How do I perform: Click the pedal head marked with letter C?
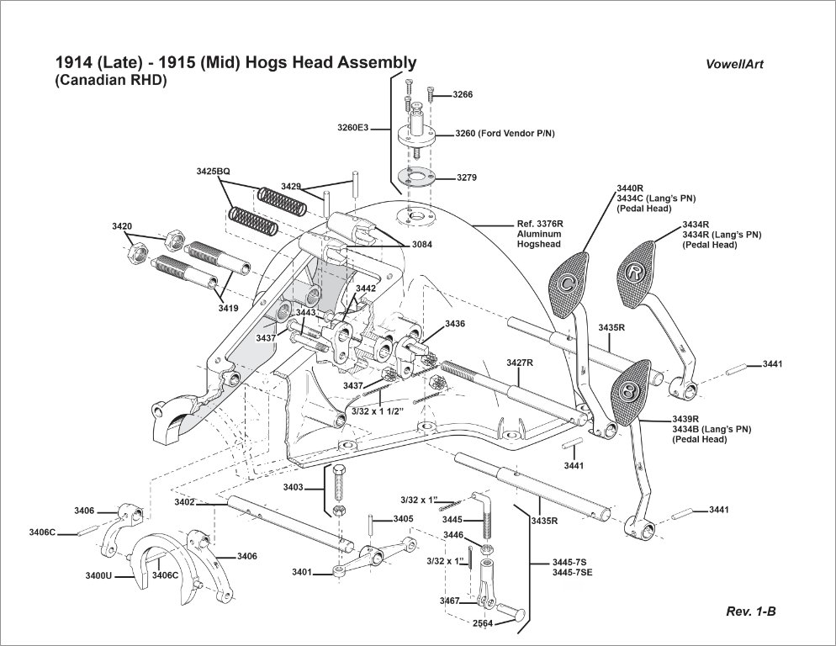(569, 282)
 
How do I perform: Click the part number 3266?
(463, 95)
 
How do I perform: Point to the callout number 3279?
(467, 178)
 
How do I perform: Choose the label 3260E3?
(353, 128)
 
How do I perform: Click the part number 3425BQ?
(213, 171)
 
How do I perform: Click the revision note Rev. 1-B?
(750, 612)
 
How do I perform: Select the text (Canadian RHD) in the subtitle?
(111, 81)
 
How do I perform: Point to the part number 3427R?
(520, 363)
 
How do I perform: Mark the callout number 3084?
(423, 244)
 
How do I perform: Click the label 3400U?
(100, 576)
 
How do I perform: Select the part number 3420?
(122, 226)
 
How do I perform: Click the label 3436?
(455, 323)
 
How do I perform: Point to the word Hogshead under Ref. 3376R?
(538, 244)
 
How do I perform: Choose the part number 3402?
(185, 502)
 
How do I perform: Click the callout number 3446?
(453, 535)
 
